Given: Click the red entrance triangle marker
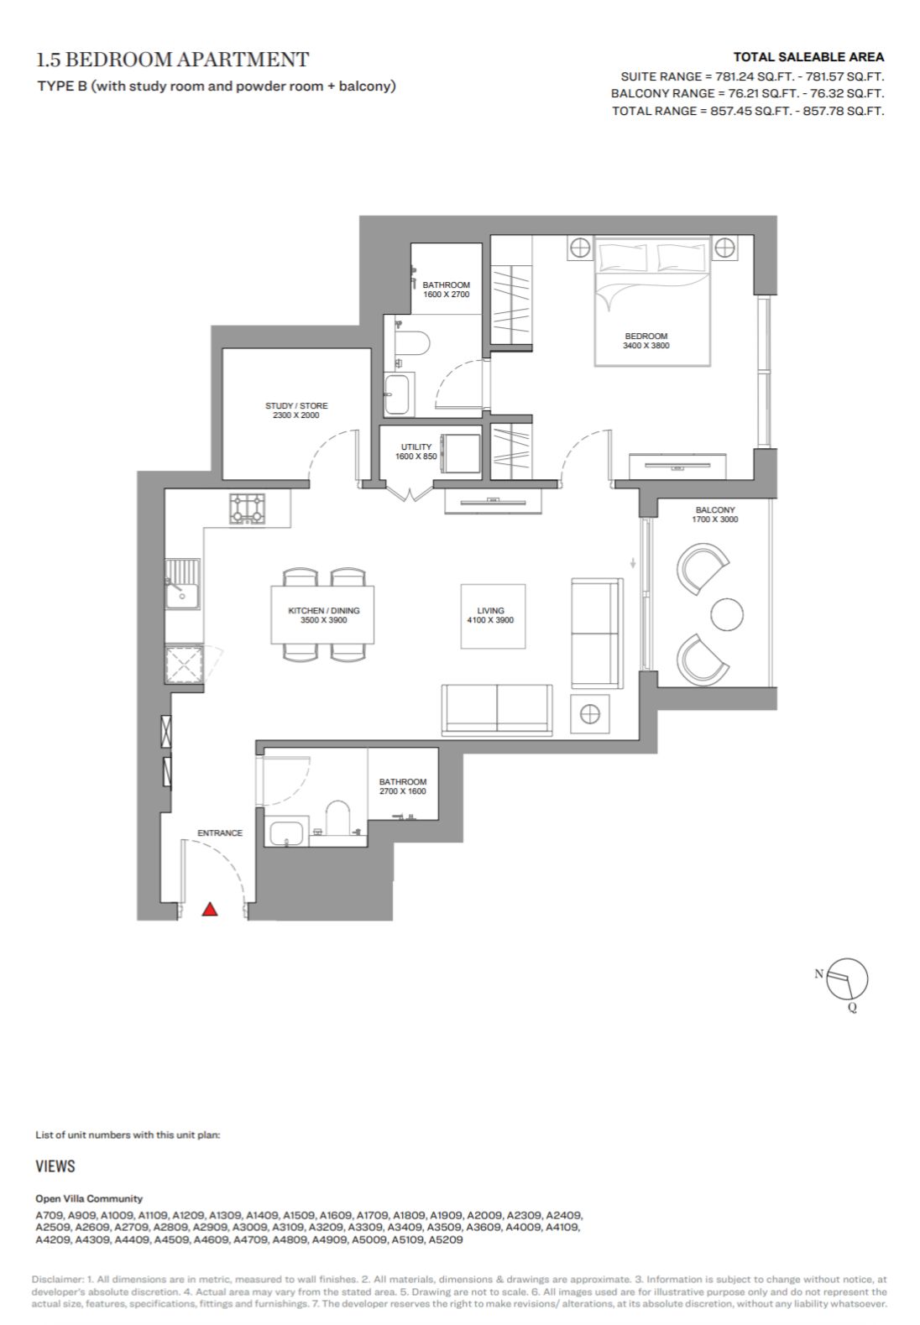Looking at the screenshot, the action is click(210, 909).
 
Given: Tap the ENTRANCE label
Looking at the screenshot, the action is click(219, 833).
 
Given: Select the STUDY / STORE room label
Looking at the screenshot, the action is click(295, 410).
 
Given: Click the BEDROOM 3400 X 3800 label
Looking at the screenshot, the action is click(646, 341).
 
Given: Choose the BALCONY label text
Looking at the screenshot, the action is click(714, 510).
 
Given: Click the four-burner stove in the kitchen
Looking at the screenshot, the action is click(248, 509).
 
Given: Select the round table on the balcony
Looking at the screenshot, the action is click(727, 614).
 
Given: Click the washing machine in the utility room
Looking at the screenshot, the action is click(461, 454).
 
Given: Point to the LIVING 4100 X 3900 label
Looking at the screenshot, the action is click(490, 615).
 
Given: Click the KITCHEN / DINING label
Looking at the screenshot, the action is click(324, 615).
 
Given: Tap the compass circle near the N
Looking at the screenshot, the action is click(847, 978).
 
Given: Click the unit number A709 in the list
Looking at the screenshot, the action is click(50, 1216).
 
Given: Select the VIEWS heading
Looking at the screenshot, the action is click(55, 1166).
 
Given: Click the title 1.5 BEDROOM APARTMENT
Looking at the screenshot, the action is click(172, 59).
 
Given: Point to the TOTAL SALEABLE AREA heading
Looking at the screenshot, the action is click(808, 57).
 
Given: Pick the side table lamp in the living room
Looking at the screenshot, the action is click(590, 715).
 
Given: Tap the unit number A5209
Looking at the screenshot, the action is click(446, 1239).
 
